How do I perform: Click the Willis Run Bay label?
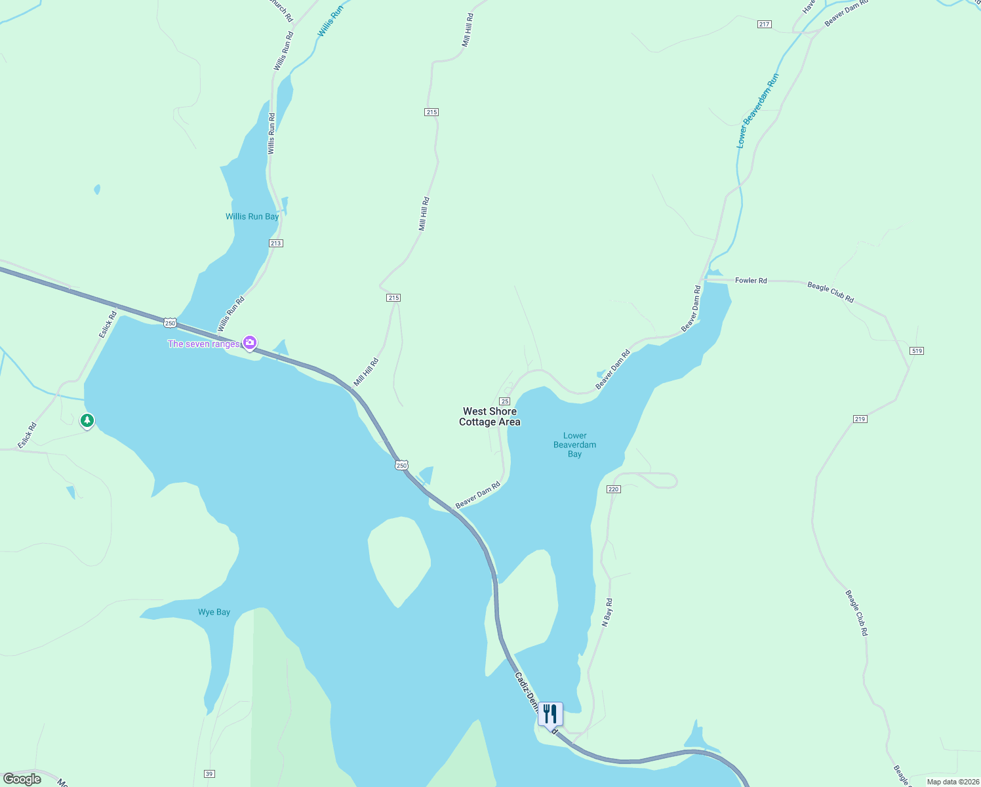coord(252,216)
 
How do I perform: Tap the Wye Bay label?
coord(214,612)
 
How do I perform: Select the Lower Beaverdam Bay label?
coord(575,445)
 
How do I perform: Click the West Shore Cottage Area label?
coord(490,417)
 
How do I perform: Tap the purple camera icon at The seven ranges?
coord(249,343)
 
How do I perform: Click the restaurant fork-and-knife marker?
coord(550,714)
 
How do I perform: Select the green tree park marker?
coord(87,420)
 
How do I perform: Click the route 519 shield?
coord(917,351)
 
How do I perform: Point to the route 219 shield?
coord(860,419)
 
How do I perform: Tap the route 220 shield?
coord(614,489)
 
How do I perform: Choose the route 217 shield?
coord(764,24)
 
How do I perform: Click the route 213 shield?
coord(275,243)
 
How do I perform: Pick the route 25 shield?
coord(505,401)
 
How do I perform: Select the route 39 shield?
coord(209,774)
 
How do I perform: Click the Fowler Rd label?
coord(751,281)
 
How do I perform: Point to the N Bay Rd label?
coord(608,613)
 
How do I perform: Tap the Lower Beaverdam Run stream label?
coord(757,111)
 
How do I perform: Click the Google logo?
coord(22,779)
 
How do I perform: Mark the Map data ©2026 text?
coord(952,782)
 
